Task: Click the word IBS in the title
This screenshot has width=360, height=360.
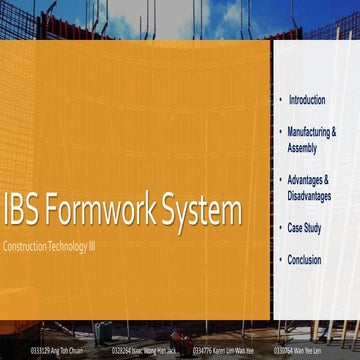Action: [23, 212]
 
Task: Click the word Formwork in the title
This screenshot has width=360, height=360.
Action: [103, 212]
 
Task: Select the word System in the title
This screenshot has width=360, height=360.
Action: [203, 212]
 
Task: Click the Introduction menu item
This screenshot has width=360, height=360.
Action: [306, 100]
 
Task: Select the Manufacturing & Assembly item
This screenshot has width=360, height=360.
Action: [311, 139]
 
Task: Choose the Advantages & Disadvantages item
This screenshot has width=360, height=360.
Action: [309, 187]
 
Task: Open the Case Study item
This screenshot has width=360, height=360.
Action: [304, 228]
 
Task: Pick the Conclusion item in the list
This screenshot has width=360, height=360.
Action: [304, 259]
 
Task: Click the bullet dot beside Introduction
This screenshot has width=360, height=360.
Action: [279, 100]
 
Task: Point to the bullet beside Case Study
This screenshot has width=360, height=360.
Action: [279, 228]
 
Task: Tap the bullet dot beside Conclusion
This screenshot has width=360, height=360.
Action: [279, 259]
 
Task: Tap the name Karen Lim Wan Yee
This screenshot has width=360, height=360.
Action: [231, 351]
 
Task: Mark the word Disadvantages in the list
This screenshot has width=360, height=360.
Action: [309, 196]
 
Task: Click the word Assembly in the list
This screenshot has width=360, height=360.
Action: [302, 148]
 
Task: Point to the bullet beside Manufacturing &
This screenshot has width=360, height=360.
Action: [279, 131]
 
